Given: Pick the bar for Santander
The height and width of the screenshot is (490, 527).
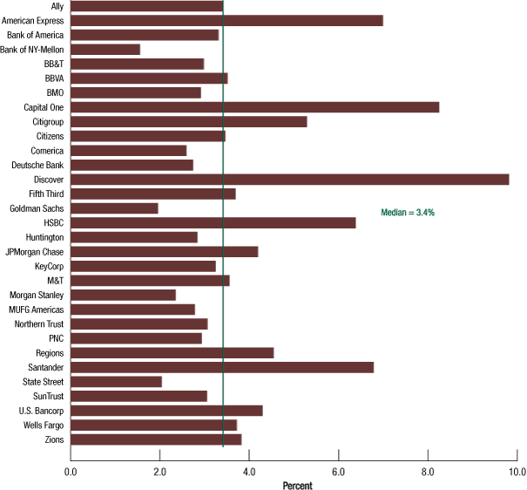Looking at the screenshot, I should point(222,367).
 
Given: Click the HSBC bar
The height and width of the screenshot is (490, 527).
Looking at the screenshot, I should point(213,222).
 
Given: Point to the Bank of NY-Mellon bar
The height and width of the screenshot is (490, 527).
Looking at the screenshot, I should point(105,50).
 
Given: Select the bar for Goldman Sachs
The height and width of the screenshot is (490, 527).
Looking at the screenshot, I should point(114,208).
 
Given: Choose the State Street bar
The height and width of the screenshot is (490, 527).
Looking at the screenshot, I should point(116,382).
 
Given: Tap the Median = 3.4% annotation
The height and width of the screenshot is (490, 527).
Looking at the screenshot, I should point(408,212).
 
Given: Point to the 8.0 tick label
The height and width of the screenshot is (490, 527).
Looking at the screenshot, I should point(428,472).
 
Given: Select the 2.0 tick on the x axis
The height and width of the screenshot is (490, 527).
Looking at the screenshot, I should point(159,472).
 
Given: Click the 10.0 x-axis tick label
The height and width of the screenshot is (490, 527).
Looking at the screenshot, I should point(517,472).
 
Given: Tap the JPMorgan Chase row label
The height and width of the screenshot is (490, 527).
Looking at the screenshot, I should point(34,252).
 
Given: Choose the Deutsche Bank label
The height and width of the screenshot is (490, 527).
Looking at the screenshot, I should point(37,165).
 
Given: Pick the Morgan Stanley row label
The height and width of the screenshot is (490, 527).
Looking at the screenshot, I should point(37,295).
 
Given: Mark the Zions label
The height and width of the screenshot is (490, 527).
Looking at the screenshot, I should point(52,439).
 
